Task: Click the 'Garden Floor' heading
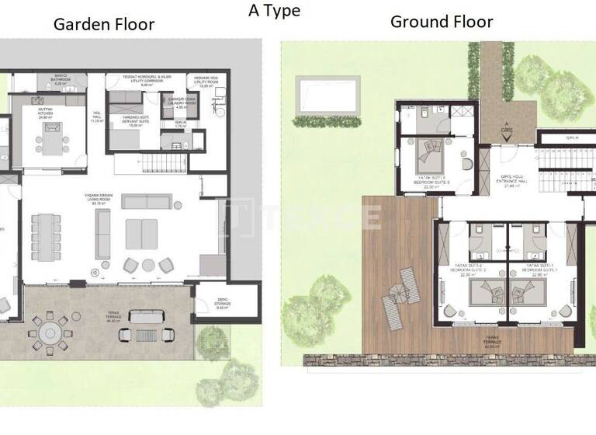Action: point(103,24)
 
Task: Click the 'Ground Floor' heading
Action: point(441,21)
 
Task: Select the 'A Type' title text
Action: point(274,10)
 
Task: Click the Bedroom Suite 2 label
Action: point(468,270)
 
